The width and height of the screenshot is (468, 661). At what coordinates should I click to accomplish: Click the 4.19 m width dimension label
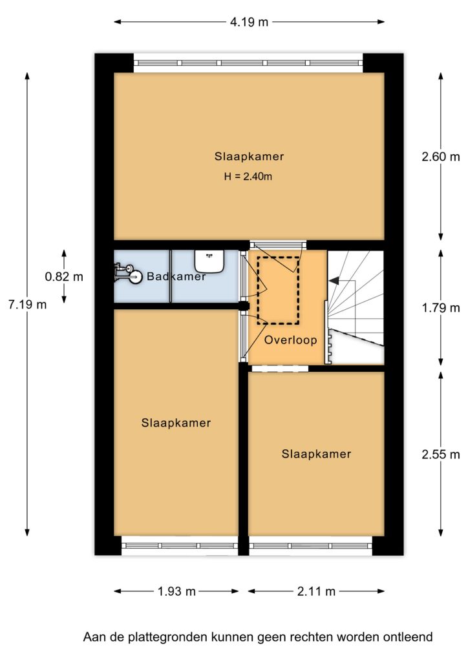[249, 22]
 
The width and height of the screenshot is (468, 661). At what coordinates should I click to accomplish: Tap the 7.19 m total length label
[27, 304]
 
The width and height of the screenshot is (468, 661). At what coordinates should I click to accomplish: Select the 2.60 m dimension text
[441, 157]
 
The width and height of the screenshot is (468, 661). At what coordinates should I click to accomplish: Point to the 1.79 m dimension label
[441, 308]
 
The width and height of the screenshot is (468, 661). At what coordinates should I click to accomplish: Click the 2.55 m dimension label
[441, 454]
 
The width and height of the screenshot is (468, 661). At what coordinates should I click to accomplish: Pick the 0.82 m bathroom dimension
[64, 276]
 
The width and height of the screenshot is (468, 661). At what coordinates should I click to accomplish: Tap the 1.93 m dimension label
[177, 591]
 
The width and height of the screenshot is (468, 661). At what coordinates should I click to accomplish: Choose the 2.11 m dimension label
[316, 591]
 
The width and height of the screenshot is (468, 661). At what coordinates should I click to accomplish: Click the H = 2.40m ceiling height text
[248, 176]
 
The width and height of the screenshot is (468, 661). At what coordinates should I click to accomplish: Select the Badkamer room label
[176, 276]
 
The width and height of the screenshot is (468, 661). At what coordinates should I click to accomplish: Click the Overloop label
[291, 340]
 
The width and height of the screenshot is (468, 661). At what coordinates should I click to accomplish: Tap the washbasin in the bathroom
[209, 261]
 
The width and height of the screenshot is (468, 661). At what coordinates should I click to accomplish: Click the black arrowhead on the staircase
[334, 280]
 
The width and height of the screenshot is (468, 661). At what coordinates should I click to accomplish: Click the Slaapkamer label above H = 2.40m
[249, 156]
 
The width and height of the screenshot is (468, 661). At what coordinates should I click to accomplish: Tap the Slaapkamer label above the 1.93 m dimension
[176, 423]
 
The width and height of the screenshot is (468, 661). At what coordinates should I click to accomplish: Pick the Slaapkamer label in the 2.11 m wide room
[317, 454]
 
